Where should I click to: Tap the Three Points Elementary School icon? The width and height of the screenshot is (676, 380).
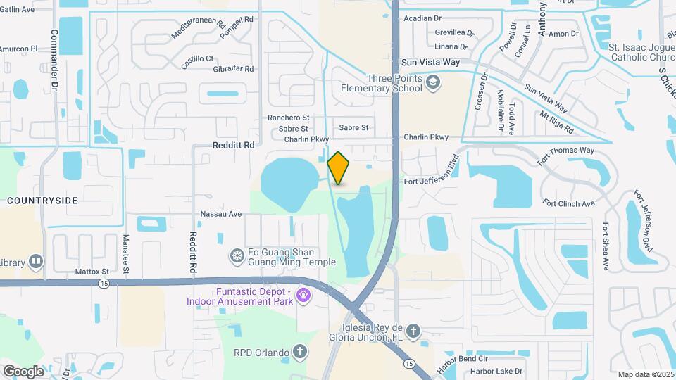click(433, 84)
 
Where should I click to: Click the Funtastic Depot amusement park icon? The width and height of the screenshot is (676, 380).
click(304, 294)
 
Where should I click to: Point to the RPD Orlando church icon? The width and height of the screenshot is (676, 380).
click(300, 351)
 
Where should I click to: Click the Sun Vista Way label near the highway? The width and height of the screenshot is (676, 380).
click(430, 62)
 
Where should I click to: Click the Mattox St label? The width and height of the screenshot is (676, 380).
click(92, 271)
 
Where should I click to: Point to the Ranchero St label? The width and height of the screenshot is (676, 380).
click(288, 118)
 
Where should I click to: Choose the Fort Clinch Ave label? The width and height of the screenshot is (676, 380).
click(569, 203)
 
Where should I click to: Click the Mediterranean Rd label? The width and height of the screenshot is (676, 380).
click(199, 28)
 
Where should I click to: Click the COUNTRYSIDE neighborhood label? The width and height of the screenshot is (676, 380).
click(42, 201)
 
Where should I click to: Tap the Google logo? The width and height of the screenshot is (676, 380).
click(23, 371)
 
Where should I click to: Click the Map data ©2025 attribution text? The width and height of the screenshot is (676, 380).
click(646, 374)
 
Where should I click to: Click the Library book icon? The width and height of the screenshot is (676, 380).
click(36, 262)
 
